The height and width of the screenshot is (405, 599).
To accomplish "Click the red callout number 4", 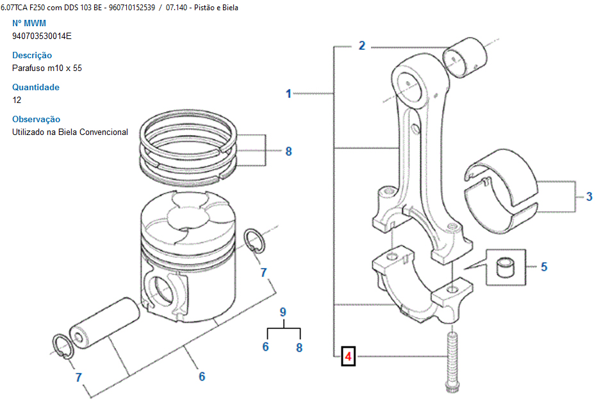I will point(348,356).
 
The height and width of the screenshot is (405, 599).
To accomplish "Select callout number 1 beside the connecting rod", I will point(288,93).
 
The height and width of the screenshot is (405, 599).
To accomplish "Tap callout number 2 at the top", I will point(361,45).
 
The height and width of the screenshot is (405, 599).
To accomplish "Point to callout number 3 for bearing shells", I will point(589,196).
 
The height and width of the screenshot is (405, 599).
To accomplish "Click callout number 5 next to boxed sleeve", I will point(544,267).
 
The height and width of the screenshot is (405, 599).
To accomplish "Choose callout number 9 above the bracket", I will point(283,312).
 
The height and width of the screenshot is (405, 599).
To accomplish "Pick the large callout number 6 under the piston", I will point(201,376).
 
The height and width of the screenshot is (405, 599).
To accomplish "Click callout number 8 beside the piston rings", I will point(288,152).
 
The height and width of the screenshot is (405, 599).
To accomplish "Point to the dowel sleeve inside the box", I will point(507,267).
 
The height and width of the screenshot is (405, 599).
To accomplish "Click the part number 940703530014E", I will point(42,36).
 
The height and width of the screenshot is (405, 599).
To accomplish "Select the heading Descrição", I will point(32,55).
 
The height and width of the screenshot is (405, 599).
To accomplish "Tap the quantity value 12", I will point(17,100).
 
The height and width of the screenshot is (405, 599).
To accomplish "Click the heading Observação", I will point(36,119).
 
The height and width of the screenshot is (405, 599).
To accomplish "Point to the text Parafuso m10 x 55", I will point(47,68).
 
